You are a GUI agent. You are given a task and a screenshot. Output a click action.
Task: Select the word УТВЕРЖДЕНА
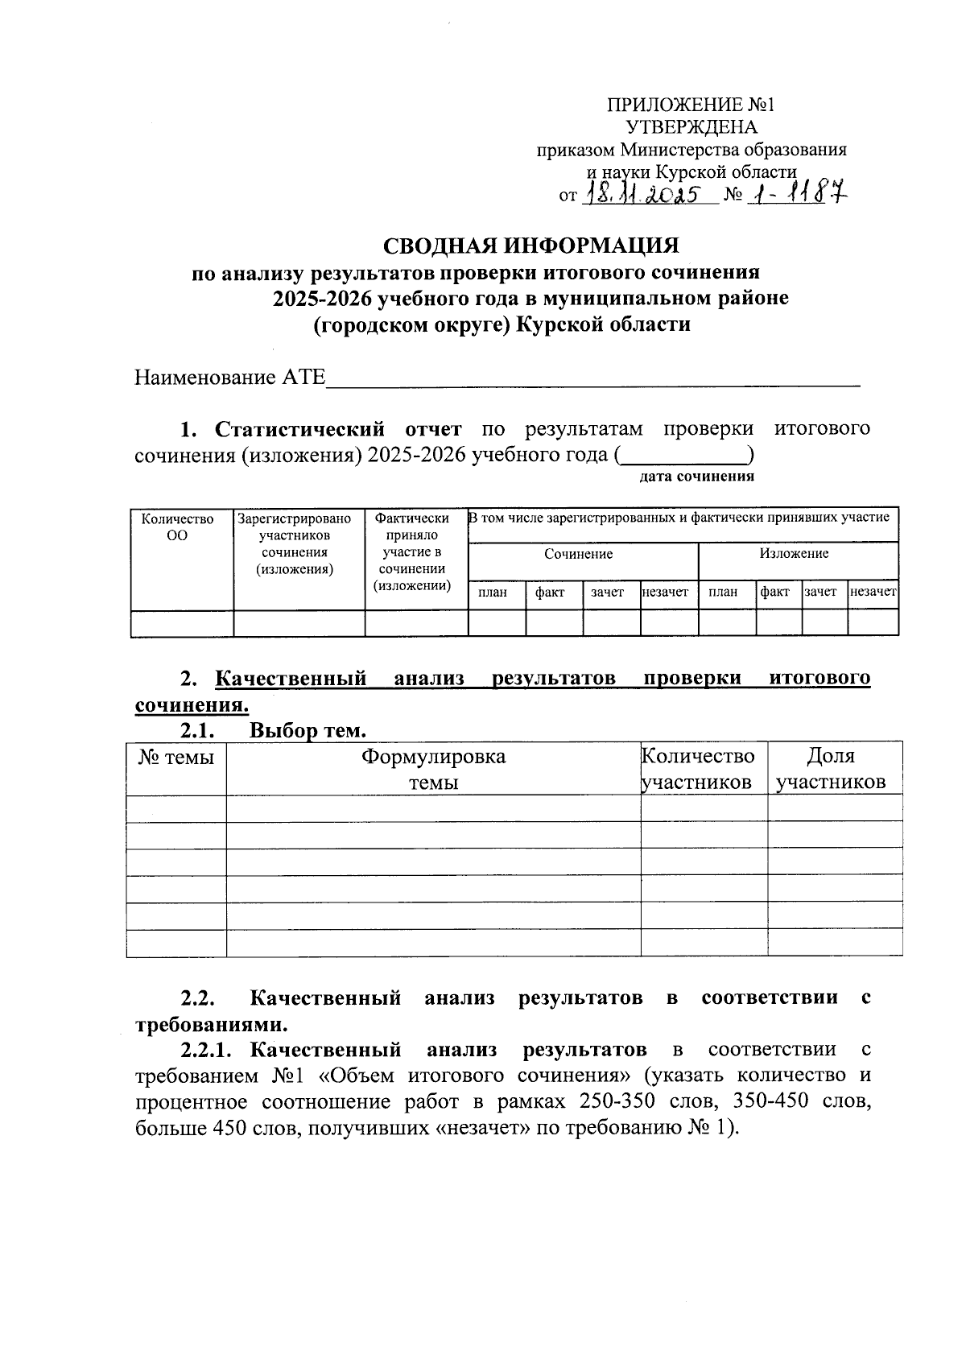point(691,127)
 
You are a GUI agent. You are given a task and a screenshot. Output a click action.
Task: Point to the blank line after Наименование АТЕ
point(592,378)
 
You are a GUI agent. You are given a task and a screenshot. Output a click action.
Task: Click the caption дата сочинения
point(696,477)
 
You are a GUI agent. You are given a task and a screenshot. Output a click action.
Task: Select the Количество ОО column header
point(178,527)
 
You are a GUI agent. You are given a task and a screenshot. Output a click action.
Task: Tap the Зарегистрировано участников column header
point(295,544)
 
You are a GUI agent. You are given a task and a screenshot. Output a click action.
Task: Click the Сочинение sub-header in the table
point(578,554)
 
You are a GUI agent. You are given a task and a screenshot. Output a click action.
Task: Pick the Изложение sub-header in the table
point(793,553)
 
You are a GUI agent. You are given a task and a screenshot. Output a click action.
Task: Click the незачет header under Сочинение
point(666,592)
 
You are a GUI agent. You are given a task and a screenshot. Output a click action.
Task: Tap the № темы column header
point(176,758)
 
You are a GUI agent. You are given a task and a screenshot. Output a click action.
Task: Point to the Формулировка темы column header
point(433,769)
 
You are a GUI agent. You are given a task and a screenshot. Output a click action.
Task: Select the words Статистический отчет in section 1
point(338,428)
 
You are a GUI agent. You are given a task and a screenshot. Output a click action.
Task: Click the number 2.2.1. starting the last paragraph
point(206,1050)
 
